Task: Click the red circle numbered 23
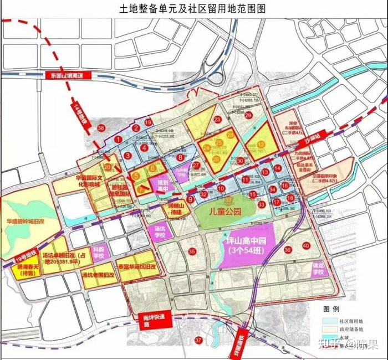click(217, 119)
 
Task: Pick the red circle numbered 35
click(192, 252)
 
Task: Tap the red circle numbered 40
click(305, 246)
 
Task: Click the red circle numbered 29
click(248, 115)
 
